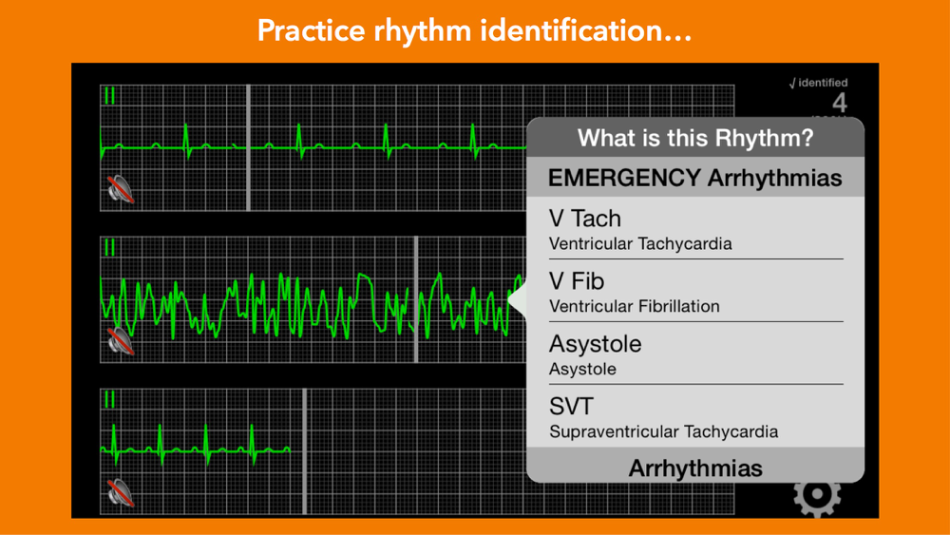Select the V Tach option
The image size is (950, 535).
pyautogui.click(x=585, y=219)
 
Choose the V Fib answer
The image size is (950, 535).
pyautogui.click(x=577, y=281)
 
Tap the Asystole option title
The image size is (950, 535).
pyautogui.click(x=595, y=344)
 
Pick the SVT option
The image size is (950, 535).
pyautogui.click(x=571, y=406)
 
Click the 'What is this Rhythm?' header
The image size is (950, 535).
pyautogui.click(x=695, y=138)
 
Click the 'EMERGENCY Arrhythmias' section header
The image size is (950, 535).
pyautogui.click(x=695, y=178)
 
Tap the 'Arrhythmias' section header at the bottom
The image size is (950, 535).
pyautogui.click(x=695, y=468)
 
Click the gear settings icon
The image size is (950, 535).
pyautogui.click(x=817, y=496)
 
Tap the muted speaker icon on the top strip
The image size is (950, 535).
pyautogui.click(x=121, y=189)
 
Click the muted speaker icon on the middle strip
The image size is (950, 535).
pyautogui.click(x=121, y=340)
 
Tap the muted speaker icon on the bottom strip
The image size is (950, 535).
pyautogui.click(x=121, y=492)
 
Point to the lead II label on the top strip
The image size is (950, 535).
pyautogui.click(x=109, y=96)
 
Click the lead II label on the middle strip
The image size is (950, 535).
pyautogui.click(x=109, y=247)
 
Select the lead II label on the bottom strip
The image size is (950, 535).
pyautogui.click(x=109, y=399)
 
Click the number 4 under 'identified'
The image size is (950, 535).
pyautogui.click(x=839, y=103)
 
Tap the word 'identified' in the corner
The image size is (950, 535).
pyautogui.click(x=823, y=83)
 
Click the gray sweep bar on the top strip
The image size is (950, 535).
pyautogui.click(x=248, y=148)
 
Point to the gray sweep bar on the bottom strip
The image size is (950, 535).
pyautogui.click(x=304, y=451)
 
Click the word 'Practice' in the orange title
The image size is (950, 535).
pyautogui.click(x=311, y=30)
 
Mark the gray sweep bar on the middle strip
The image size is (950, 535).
pyautogui.click(x=416, y=299)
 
